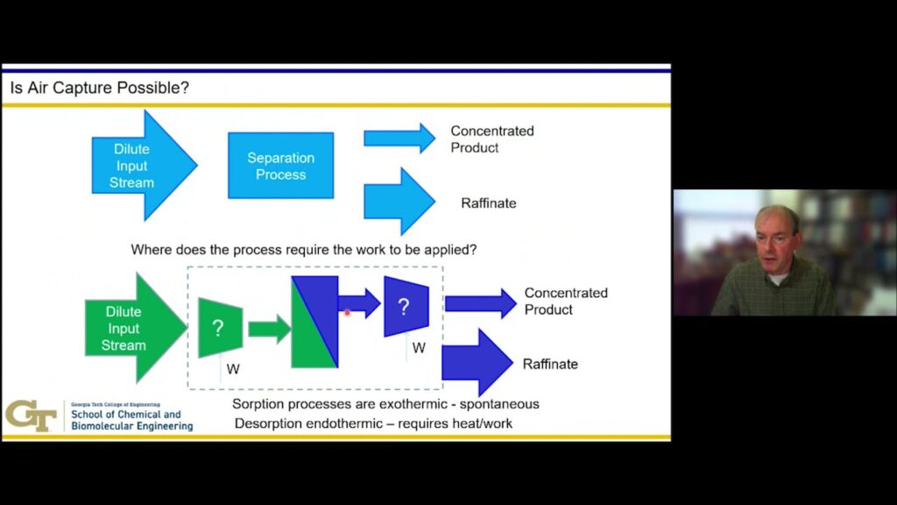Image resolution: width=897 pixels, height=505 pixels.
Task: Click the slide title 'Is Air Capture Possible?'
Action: click(x=99, y=89)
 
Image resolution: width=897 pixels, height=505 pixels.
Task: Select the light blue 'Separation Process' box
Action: click(x=280, y=166)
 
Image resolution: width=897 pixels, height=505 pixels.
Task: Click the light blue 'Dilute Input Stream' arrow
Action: click(x=140, y=166)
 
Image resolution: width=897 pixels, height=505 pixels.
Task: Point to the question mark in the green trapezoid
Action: click(x=218, y=329)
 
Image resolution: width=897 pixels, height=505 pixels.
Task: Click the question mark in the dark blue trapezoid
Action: click(x=404, y=307)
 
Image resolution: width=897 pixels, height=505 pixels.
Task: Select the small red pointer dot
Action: click(x=348, y=312)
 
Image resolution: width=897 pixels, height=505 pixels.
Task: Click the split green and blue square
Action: click(x=314, y=322)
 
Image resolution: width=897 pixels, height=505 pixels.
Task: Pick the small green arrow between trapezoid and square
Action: click(x=269, y=330)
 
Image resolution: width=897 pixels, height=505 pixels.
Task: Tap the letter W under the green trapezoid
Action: click(x=233, y=369)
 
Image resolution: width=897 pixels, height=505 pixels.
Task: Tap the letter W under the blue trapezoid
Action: click(x=419, y=348)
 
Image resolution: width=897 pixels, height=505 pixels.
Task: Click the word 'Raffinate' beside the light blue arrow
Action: click(x=488, y=203)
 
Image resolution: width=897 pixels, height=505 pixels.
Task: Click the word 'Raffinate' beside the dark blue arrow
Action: click(x=550, y=364)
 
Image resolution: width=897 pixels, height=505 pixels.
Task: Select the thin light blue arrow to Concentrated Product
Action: click(x=399, y=139)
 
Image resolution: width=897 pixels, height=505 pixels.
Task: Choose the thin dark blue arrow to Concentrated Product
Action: click(x=480, y=303)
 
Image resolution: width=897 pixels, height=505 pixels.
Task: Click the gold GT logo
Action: click(x=31, y=415)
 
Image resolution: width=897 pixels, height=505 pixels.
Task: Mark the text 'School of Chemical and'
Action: click(x=125, y=415)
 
